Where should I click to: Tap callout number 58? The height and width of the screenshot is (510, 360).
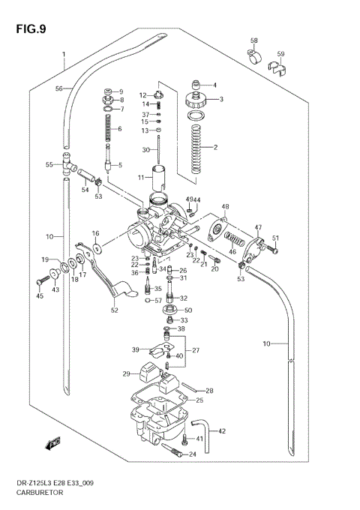[x=253, y=40]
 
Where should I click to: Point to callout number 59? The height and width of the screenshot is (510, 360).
[x=280, y=54]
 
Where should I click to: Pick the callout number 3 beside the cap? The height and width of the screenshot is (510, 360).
[x=221, y=99]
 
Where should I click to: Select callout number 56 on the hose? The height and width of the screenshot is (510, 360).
[x=58, y=88]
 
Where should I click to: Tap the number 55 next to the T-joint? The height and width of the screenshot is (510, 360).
[x=49, y=164]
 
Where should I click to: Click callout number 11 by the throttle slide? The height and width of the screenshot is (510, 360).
[x=139, y=177]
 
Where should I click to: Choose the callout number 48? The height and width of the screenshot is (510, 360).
[x=225, y=206]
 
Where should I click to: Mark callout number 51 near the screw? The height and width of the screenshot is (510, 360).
[x=274, y=238]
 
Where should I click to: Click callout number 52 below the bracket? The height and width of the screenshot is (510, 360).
[x=114, y=310]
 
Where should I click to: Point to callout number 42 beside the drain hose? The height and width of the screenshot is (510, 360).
[x=222, y=431]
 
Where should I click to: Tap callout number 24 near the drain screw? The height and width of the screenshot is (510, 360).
[x=192, y=454]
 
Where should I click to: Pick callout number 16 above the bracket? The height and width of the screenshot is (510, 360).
[x=96, y=234]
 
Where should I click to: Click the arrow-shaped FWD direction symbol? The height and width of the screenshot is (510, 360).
[x=53, y=445]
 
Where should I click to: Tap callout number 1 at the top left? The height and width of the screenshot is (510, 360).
[x=64, y=54]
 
